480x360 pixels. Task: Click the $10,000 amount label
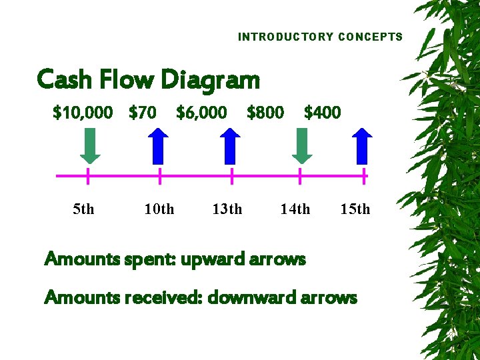83,113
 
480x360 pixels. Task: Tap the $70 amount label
143,113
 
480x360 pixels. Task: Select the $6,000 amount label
201,113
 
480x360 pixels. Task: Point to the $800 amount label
265,113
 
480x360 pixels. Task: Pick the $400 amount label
322,113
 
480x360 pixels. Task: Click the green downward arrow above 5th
90,146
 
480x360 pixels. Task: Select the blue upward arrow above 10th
159,146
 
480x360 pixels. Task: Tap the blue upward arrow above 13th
230,146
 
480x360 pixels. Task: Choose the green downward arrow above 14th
302,146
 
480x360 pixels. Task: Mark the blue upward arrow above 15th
362,146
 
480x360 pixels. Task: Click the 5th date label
83,209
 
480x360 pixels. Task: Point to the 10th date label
159,209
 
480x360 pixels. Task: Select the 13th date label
227,209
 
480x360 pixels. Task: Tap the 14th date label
295,209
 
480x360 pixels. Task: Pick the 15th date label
355,209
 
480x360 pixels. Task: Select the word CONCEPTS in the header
371,37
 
